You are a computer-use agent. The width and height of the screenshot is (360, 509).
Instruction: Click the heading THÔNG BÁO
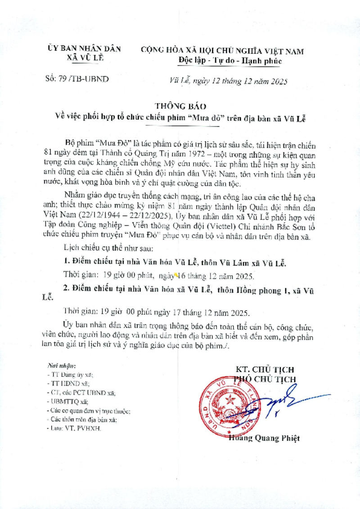[180, 107]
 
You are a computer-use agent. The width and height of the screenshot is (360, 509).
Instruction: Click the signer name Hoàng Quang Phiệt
[264, 438]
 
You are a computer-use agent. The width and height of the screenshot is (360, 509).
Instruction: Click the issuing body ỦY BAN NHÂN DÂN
[84, 49]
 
